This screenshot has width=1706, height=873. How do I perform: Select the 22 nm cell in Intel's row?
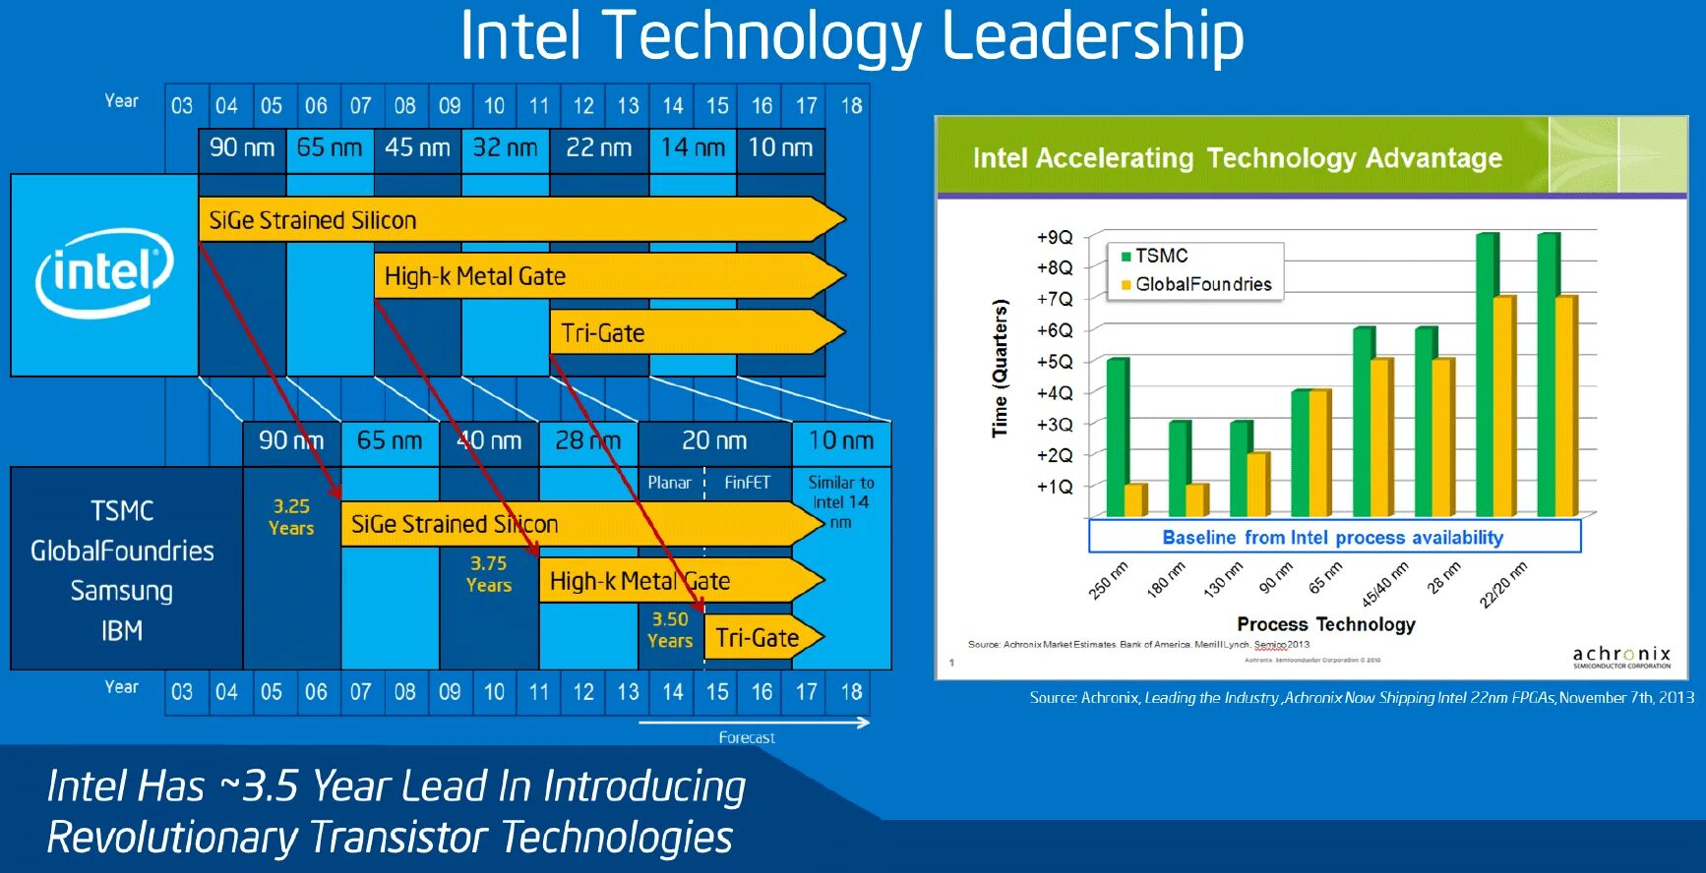coord(598,148)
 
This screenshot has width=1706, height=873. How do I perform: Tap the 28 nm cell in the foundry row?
coord(587,441)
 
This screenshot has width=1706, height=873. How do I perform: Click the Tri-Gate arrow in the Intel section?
coord(689,333)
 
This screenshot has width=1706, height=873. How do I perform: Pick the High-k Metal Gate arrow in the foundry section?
coord(669,581)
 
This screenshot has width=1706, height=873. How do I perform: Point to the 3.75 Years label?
coord(489,574)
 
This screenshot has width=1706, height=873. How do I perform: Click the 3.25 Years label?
coord(291,517)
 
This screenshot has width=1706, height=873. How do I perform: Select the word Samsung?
coord(122,591)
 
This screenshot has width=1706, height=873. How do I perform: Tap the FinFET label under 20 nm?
coord(747,483)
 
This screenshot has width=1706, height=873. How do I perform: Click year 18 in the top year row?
coord(851,106)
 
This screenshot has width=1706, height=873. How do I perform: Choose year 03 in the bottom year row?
coord(182,692)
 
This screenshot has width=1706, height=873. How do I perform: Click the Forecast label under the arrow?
coord(746,738)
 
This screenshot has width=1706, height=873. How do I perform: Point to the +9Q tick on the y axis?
coord(1055,238)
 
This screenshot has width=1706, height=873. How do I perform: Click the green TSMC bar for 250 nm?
coord(1115,437)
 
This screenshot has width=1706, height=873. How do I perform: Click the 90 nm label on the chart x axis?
coord(1275,579)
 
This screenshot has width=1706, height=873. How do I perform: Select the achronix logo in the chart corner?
coord(1620,657)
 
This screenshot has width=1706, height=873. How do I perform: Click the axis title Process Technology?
coord(1325,624)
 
